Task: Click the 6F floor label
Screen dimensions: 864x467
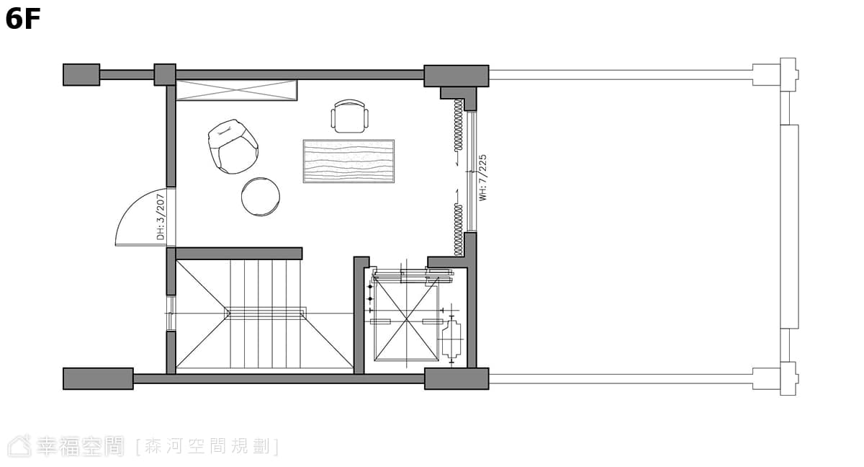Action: (x=23, y=19)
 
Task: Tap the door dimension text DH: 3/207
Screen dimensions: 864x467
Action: (x=161, y=217)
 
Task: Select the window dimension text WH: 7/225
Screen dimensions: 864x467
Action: (x=482, y=177)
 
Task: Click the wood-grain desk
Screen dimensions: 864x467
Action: (x=348, y=161)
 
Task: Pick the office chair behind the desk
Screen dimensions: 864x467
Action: (x=349, y=116)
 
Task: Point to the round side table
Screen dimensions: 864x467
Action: (x=261, y=197)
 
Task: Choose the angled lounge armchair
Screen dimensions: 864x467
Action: (x=233, y=147)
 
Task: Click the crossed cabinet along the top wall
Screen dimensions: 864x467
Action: (x=236, y=90)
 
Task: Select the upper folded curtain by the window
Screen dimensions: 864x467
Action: (x=458, y=125)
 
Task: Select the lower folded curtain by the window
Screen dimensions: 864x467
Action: (x=458, y=230)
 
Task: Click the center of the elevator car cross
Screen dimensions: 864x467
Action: (x=407, y=319)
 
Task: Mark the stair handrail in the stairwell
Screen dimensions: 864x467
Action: (x=266, y=313)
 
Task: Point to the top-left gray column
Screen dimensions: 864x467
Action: (x=81, y=75)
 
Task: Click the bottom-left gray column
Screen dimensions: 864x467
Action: (x=99, y=378)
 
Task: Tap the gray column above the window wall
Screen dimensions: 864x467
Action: (x=456, y=76)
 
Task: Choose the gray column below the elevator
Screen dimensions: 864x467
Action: (x=456, y=378)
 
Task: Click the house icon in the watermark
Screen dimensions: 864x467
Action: (x=19, y=447)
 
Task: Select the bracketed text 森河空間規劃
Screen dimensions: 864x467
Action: (x=207, y=447)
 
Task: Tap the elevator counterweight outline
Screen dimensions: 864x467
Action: (x=451, y=340)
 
